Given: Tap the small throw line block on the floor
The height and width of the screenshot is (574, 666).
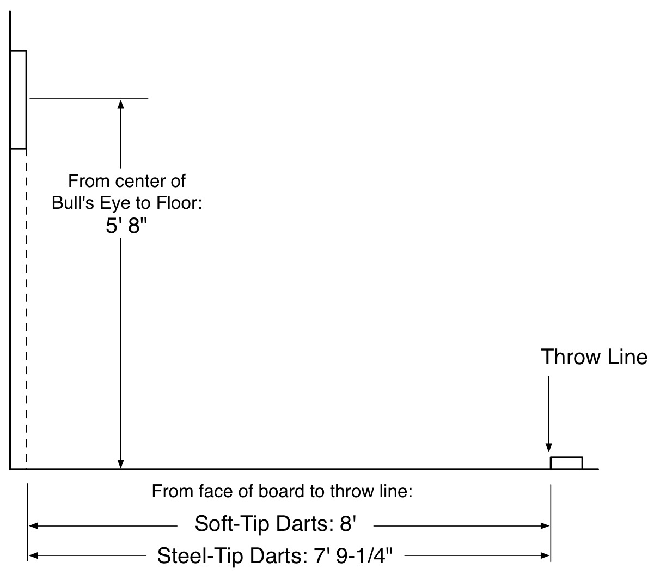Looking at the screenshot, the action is (x=566, y=457).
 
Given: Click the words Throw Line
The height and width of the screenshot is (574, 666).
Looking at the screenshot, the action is (x=594, y=357).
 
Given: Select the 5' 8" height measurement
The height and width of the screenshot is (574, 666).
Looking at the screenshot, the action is (x=126, y=225).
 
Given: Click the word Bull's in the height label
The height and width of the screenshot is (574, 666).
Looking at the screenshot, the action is (x=73, y=203).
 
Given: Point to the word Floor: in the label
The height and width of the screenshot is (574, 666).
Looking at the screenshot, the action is (x=179, y=203).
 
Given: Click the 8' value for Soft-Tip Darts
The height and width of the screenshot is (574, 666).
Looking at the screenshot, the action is (x=347, y=523).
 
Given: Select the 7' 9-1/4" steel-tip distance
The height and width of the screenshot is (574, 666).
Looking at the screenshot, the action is (x=353, y=555).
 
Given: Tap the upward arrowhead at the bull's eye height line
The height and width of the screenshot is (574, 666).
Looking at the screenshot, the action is (x=120, y=104).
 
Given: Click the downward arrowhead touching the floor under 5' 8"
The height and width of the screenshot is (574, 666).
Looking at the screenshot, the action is (x=120, y=464).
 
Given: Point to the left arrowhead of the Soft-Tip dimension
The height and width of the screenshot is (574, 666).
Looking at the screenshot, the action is (x=34, y=526).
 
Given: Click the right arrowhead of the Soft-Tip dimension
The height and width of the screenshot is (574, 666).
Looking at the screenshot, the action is (x=545, y=526).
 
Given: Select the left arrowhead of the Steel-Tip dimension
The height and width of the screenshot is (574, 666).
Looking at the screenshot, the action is (x=34, y=555).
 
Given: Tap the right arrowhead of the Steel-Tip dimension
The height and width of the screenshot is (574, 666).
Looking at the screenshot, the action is (x=545, y=555).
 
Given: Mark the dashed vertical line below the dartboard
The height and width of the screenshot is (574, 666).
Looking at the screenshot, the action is (x=26, y=310).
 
